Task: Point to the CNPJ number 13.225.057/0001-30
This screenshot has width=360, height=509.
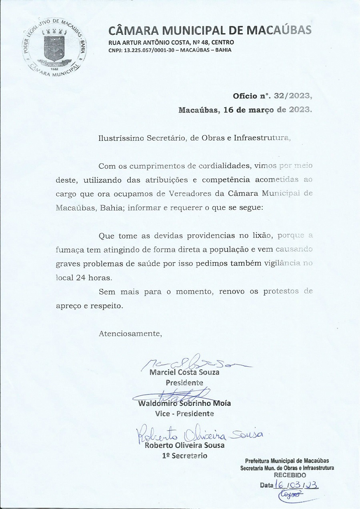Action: click(149, 50)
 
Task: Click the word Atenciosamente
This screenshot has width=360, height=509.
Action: click(130, 333)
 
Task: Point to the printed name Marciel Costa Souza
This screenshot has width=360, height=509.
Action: click(184, 372)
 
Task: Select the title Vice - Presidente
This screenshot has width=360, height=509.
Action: click(184, 413)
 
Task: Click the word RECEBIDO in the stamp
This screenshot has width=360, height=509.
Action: click(290, 475)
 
